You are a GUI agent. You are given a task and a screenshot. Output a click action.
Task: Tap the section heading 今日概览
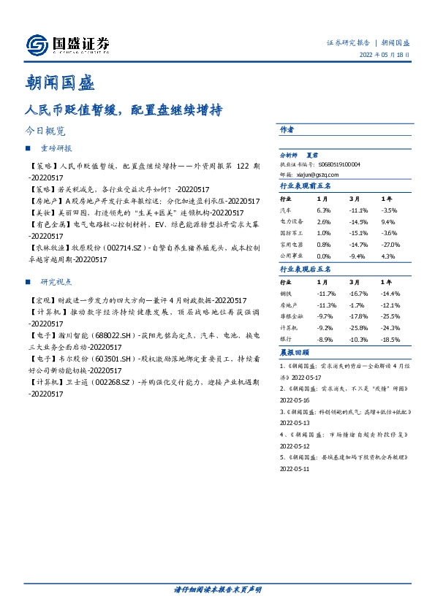[45, 131]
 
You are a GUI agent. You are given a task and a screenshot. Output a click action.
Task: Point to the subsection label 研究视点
[56, 282]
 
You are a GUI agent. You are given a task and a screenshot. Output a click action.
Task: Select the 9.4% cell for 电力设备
[387, 221]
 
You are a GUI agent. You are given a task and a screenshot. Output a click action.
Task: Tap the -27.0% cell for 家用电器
[390, 245]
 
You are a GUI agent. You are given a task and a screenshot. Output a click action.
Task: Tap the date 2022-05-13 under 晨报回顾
[295, 423]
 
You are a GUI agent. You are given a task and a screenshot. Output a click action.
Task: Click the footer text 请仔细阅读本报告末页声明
[217, 589]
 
